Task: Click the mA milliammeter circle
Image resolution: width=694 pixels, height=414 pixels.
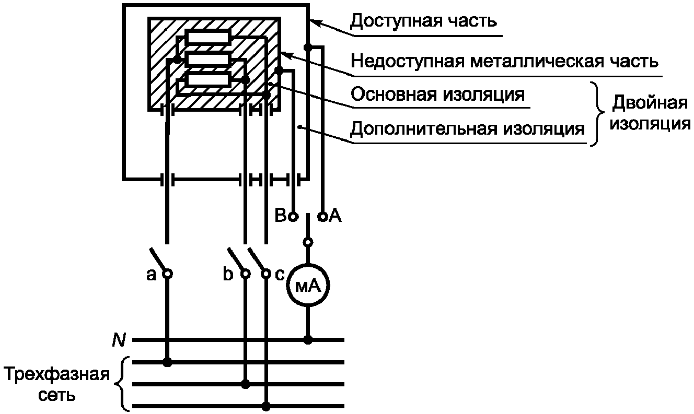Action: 308,285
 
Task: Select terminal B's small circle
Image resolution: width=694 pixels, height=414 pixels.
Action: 293,215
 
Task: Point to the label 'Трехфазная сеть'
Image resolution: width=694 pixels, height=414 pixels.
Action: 57,384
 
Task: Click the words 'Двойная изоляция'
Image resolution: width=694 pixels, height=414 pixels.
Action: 650,113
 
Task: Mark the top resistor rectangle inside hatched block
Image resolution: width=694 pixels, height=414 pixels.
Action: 208,38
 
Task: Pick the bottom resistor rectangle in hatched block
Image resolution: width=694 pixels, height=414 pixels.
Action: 208,79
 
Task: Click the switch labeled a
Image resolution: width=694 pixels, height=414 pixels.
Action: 159,261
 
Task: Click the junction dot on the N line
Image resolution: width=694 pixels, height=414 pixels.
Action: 308,340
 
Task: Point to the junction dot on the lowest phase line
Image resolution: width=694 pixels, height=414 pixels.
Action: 266,406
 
